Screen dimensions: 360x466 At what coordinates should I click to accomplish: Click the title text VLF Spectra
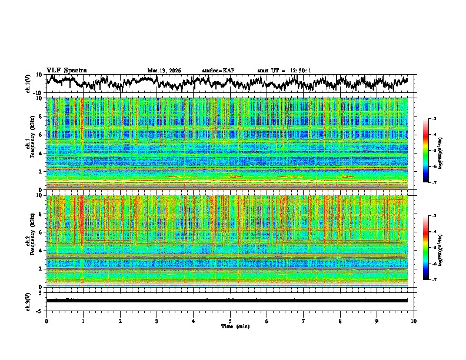click(x=66, y=70)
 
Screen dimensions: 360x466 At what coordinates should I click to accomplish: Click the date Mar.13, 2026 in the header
click(x=164, y=71)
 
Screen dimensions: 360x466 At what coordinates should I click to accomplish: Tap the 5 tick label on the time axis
click(x=230, y=321)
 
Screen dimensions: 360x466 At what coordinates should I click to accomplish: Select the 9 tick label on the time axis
click(x=377, y=321)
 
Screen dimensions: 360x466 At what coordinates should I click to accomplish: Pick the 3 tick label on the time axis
click(x=157, y=321)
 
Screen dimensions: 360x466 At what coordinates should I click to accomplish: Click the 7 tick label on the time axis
click(x=304, y=321)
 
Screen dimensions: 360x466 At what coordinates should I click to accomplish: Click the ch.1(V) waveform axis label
click(x=28, y=84)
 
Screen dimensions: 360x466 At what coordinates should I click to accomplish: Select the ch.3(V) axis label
click(x=28, y=301)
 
